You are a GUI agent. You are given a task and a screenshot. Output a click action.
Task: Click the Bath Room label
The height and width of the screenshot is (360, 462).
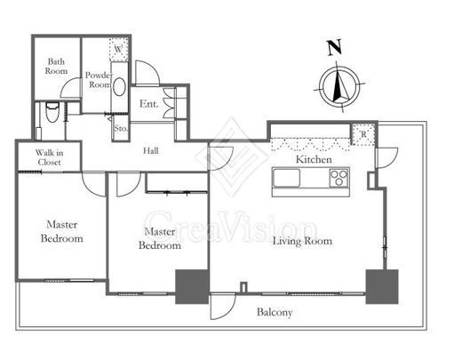pyautogui.click(x=56, y=66)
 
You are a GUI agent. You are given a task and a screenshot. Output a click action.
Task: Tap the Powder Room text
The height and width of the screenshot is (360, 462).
pyautogui.click(x=100, y=80)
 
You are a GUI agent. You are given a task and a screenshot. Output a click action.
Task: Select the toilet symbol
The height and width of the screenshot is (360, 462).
pyautogui.click(x=52, y=112)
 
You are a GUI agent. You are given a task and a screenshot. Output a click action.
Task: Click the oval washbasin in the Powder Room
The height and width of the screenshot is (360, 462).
pyautogui.click(x=120, y=86)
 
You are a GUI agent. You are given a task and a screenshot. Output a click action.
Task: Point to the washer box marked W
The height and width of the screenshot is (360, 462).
pyautogui.click(x=119, y=49)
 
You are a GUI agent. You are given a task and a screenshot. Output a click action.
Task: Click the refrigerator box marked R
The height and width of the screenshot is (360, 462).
pyautogui.click(x=363, y=134)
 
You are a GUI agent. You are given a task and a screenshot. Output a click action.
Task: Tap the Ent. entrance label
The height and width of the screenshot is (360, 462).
pyautogui.click(x=149, y=104)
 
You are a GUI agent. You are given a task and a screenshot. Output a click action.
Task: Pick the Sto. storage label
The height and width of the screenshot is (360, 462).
pyautogui.click(x=121, y=129)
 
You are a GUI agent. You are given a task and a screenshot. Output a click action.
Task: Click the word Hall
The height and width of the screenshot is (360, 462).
pyautogui.click(x=151, y=151)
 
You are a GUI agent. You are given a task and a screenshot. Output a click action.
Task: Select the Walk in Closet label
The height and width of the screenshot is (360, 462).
pyautogui.click(x=49, y=157)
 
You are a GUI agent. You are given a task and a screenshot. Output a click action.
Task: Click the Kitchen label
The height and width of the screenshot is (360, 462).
pyautogui.click(x=314, y=159)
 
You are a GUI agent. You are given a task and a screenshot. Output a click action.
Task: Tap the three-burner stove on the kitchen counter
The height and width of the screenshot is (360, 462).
pyautogui.click(x=339, y=178)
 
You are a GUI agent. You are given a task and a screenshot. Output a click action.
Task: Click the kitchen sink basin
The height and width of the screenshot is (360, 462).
pyautogui.click(x=286, y=178)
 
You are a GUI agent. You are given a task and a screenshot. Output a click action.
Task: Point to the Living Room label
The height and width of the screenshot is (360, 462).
pyautogui.click(x=302, y=241)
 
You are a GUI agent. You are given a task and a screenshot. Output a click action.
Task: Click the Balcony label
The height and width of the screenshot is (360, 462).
pyautogui.click(x=275, y=312)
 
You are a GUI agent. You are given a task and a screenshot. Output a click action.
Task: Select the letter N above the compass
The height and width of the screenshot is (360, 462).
pyautogui.click(x=335, y=48)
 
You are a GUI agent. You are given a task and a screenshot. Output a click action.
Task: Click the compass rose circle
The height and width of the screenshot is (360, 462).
pyautogui.click(x=341, y=86)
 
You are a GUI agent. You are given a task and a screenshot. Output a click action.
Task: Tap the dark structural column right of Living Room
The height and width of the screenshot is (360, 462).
pyautogui.click(x=382, y=286)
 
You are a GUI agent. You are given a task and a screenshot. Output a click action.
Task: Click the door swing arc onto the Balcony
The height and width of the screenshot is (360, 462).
pyautogui.click(x=227, y=312)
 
